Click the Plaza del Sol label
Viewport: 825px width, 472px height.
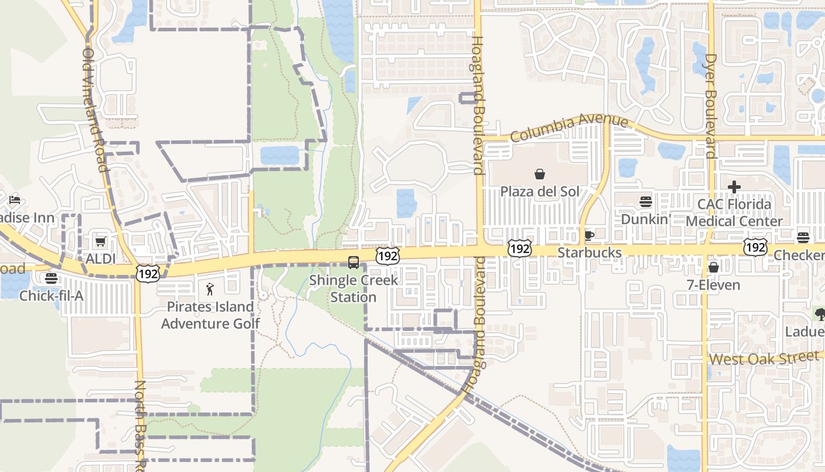[540, 191]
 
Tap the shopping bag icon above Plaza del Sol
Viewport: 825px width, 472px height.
[539, 174]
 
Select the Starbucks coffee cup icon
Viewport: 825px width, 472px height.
[588, 236]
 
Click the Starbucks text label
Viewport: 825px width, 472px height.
[589, 253]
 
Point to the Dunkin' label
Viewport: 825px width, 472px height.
[646, 219]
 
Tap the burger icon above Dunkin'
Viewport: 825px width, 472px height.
[646, 202]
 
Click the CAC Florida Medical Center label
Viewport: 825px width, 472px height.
[734, 213]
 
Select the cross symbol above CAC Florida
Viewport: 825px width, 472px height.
[734, 188]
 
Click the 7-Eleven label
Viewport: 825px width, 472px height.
[713, 285]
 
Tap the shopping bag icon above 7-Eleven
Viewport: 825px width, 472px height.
[713, 268]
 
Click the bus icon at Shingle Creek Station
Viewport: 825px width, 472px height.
[354, 263]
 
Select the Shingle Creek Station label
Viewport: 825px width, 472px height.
[353, 289]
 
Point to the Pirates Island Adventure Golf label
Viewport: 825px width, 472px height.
[210, 315]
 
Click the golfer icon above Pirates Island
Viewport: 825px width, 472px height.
[210, 289]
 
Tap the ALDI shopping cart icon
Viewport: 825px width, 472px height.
[101, 242]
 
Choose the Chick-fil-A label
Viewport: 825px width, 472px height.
[51, 296]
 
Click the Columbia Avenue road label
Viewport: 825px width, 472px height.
[569, 127]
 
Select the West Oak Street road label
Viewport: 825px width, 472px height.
[764, 358]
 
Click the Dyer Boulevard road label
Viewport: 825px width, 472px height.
[710, 106]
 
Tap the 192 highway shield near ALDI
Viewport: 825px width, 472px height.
[146, 273]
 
